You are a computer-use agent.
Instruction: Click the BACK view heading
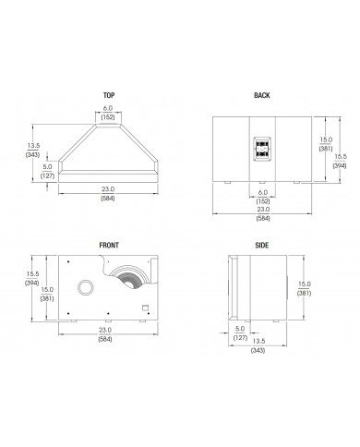pos(260,95)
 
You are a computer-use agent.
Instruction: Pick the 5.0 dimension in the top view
pos(46,167)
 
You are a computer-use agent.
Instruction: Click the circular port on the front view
pos(85,287)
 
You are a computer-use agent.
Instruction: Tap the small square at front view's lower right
pos(145,308)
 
